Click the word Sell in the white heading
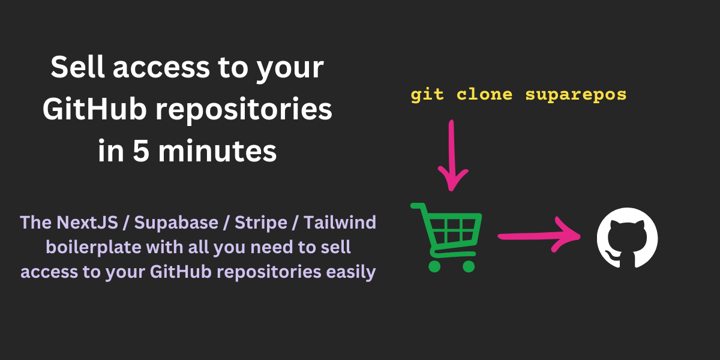click(x=78, y=67)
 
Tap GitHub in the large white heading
click(x=94, y=109)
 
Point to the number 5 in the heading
click(x=142, y=151)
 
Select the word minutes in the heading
click(x=217, y=151)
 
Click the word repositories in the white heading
click(x=244, y=110)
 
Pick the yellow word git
click(x=427, y=95)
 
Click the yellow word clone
click(x=484, y=94)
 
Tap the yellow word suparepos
click(x=575, y=95)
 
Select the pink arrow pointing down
click(x=452, y=155)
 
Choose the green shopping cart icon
click(x=447, y=237)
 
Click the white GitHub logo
click(x=627, y=238)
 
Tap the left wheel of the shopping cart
click(x=434, y=266)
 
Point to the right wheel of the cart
click(x=469, y=266)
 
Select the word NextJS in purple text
click(x=87, y=223)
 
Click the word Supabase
click(x=176, y=223)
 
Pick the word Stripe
click(x=260, y=223)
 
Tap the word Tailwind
click(x=340, y=223)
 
